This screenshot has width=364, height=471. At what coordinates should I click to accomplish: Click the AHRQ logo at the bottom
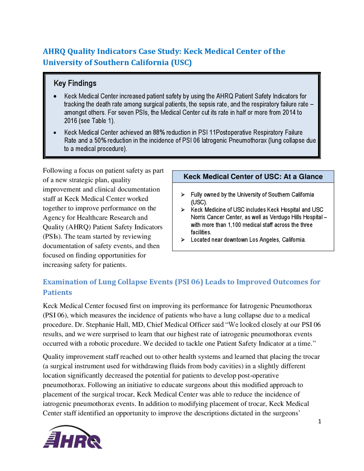[x=73, y=437]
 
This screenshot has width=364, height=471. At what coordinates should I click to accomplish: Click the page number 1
[x=320, y=422]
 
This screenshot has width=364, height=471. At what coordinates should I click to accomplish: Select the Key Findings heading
[x=75, y=83]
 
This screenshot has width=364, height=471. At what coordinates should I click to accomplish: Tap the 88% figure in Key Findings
[x=159, y=133]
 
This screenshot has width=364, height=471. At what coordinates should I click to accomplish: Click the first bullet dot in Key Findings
[x=55, y=97]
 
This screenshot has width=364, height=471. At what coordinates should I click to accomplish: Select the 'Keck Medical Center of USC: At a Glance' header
[x=253, y=177]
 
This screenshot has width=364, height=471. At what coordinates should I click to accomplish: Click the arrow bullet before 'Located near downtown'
[x=183, y=240]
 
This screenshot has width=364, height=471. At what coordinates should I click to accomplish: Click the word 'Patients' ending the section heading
[x=57, y=293]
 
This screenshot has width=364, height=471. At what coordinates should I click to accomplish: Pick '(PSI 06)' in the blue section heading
[x=189, y=282]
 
